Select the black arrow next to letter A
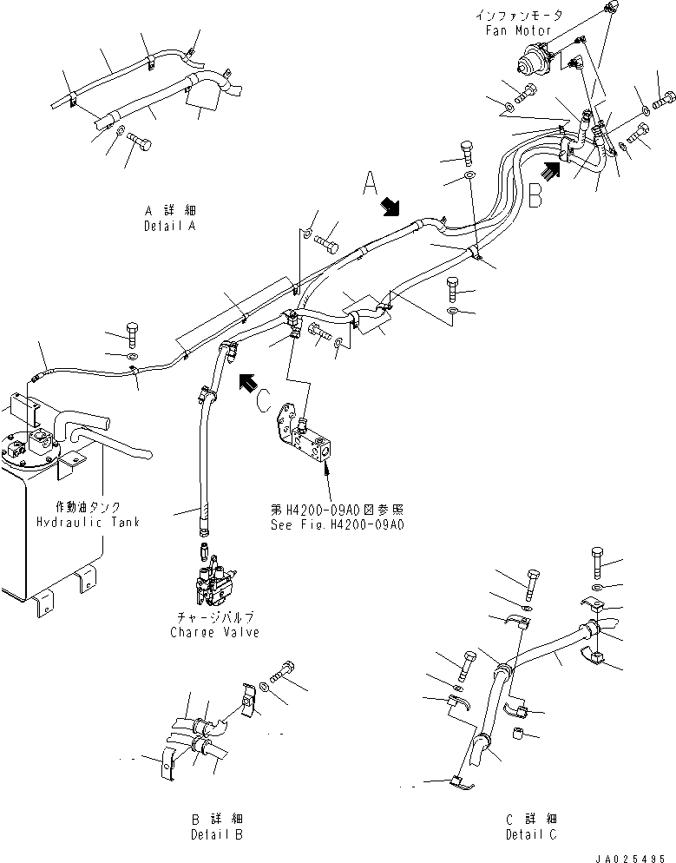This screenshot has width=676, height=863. pos(391,207)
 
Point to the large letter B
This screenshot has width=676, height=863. pos(535,194)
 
